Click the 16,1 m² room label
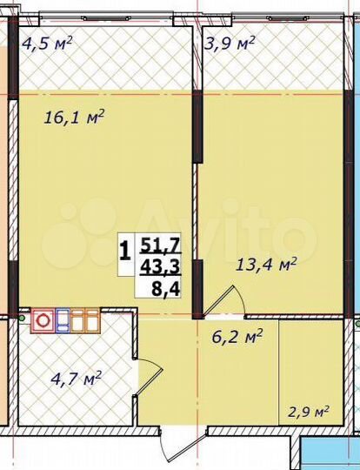click(74, 117)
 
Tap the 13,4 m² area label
click(267, 264)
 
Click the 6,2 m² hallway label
click(237, 332)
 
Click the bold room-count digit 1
click(125, 252)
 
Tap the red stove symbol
click(42, 320)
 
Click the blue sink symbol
click(63, 320)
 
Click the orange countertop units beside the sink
click(84, 320)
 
